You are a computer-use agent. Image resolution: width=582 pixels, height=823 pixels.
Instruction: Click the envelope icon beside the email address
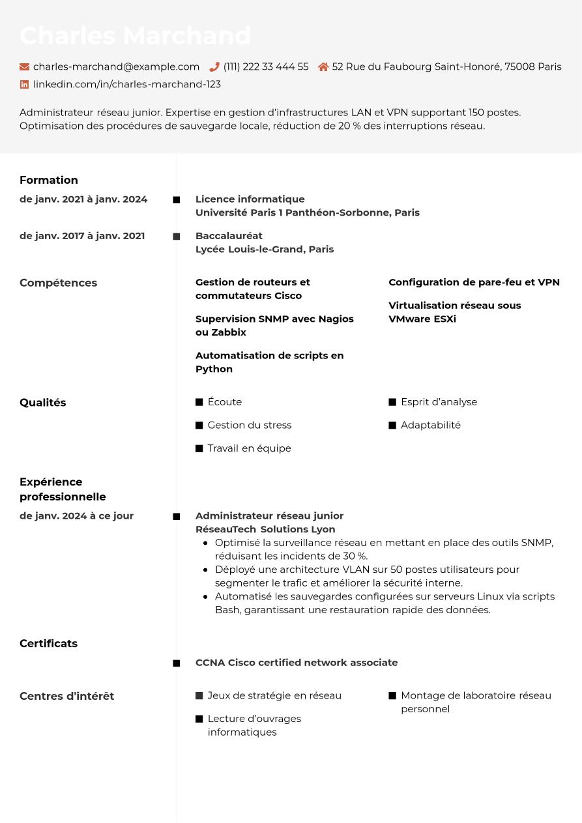pyautogui.click(x=25, y=66)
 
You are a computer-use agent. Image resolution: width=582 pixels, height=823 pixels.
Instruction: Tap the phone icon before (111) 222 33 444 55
pyautogui.click(x=214, y=66)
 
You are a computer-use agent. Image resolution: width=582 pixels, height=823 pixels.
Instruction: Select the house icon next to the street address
pyautogui.click(x=323, y=66)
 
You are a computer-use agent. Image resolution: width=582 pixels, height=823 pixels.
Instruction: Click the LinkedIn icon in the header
pyautogui.click(x=25, y=84)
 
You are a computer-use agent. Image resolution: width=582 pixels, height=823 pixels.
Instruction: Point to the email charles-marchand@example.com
pyautogui.click(x=116, y=66)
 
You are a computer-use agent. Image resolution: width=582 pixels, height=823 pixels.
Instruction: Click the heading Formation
pyautogui.click(x=49, y=180)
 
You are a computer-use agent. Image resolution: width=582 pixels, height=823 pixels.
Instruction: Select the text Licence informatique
pyautogui.click(x=250, y=199)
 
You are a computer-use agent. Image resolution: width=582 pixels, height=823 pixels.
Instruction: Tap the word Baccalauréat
pyautogui.click(x=229, y=235)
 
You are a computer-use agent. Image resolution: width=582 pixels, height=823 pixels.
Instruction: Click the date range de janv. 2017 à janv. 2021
pyautogui.click(x=82, y=235)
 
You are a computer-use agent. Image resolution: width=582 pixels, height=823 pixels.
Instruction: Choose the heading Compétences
pyautogui.click(x=58, y=283)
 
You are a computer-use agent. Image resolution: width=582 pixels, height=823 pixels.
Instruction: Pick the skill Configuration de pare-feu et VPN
pyautogui.click(x=474, y=282)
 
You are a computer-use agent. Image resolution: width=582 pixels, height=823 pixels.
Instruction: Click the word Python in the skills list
pyautogui.click(x=214, y=369)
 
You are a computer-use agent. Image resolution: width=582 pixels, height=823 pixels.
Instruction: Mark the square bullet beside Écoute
pyautogui.click(x=199, y=402)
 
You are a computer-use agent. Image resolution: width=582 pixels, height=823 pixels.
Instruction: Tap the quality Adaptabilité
pyautogui.click(x=430, y=425)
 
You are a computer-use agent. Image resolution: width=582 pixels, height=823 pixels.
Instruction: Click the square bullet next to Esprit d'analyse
pyautogui.click(x=392, y=402)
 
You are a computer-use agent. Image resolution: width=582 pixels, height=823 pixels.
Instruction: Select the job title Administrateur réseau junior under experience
pyautogui.click(x=269, y=515)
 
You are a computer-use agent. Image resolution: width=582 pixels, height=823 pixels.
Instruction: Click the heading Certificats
pyautogui.click(x=48, y=643)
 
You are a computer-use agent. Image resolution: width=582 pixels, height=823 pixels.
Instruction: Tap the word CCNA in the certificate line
pyautogui.click(x=210, y=662)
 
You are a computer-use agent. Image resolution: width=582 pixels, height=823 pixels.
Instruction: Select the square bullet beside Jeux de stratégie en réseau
pyautogui.click(x=199, y=695)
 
